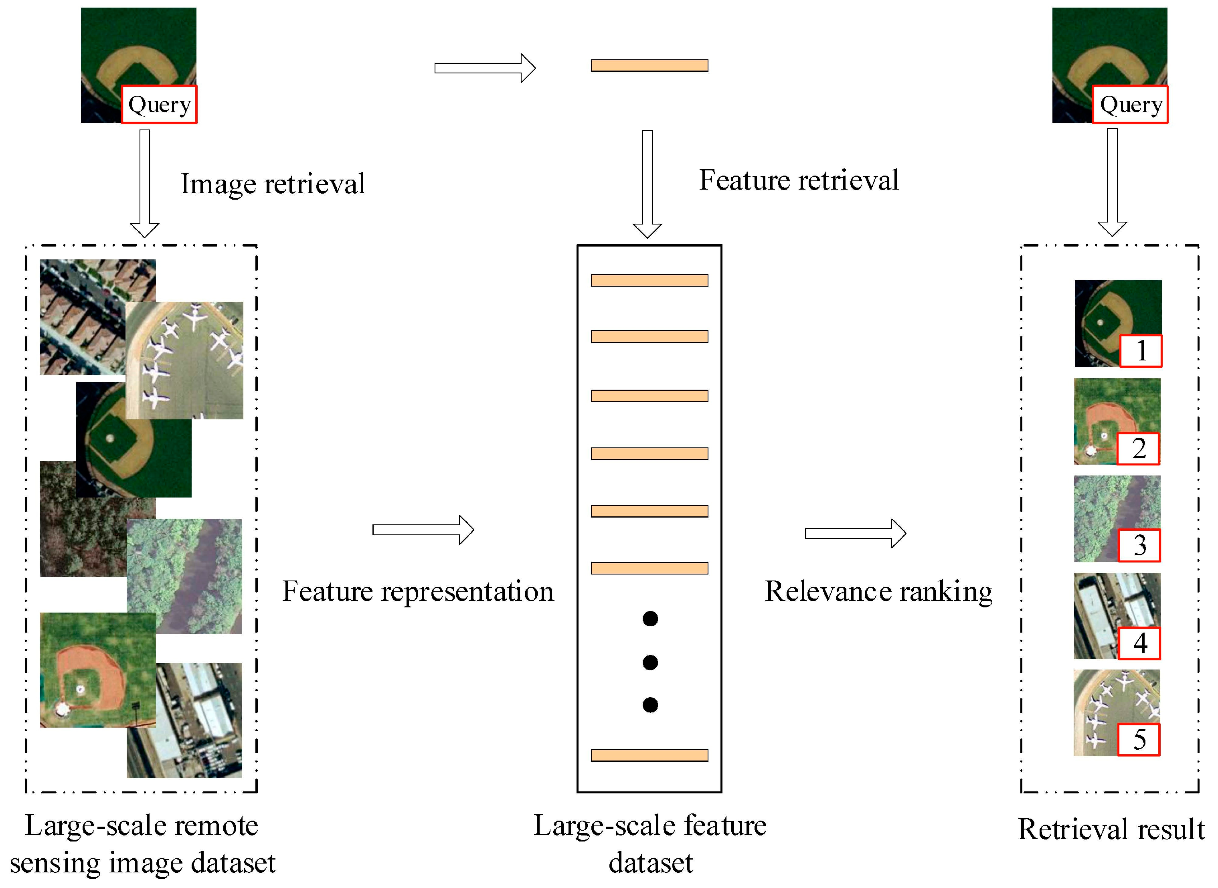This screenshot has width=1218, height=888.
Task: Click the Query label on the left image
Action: tap(159, 104)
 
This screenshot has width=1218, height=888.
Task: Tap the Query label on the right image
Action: tap(1130, 104)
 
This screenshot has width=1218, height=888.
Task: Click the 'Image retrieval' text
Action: tap(273, 184)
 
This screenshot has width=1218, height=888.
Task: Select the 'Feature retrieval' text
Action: tap(798, 180)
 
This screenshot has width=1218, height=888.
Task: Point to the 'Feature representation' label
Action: tap(418, 591)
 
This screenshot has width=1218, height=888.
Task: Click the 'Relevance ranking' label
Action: tap(878, 591)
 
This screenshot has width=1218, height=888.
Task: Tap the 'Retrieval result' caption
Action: tap(1111, 829)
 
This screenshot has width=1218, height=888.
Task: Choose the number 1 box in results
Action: tap(1141, 351)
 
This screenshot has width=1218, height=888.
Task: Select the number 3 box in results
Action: tap(1139, 546)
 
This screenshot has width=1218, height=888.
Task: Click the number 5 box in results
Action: tap(1139, 740)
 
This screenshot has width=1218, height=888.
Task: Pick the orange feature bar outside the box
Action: tap(649, 66)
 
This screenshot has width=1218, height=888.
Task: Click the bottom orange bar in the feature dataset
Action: tap(649, 755)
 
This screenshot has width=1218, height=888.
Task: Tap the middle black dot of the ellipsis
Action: tap(650, 662)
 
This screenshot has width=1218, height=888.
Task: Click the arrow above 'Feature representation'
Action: tap(423, 530)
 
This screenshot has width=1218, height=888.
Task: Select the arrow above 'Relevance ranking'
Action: tap(855, 533)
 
